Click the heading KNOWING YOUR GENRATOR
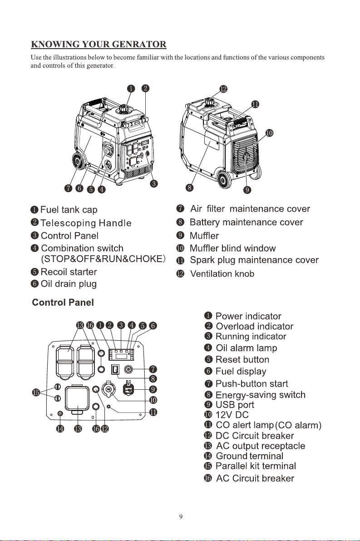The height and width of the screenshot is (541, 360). pyautogui.click(x=99, y=45)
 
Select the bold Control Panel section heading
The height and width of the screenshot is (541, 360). pyautogui.click(x=63, y=303)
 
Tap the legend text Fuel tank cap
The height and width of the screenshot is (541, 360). pyautogui.click(x=69, y=210)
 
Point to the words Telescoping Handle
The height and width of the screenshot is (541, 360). pyautogui.click(x=86, y=223)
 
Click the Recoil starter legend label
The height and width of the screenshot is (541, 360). pyautogui.click(x=69, y=272)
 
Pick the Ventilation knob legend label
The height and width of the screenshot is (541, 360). pyautogui.click(x=222, y=274)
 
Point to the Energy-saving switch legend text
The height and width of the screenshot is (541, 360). pyautogui.click(x=260, y=395)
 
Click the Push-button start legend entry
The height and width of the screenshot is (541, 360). pyautogui.click(x=252, y=384)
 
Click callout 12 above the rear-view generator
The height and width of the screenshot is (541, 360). pyautogui.click(x=223, y=89)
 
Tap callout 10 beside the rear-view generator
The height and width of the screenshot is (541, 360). pyautogui.click(x=269, y=133)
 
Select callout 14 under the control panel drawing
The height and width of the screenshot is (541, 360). pyautogui.click(x=60, y=429)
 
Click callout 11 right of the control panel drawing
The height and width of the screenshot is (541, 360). pyautogui.click(x=153, y=412)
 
